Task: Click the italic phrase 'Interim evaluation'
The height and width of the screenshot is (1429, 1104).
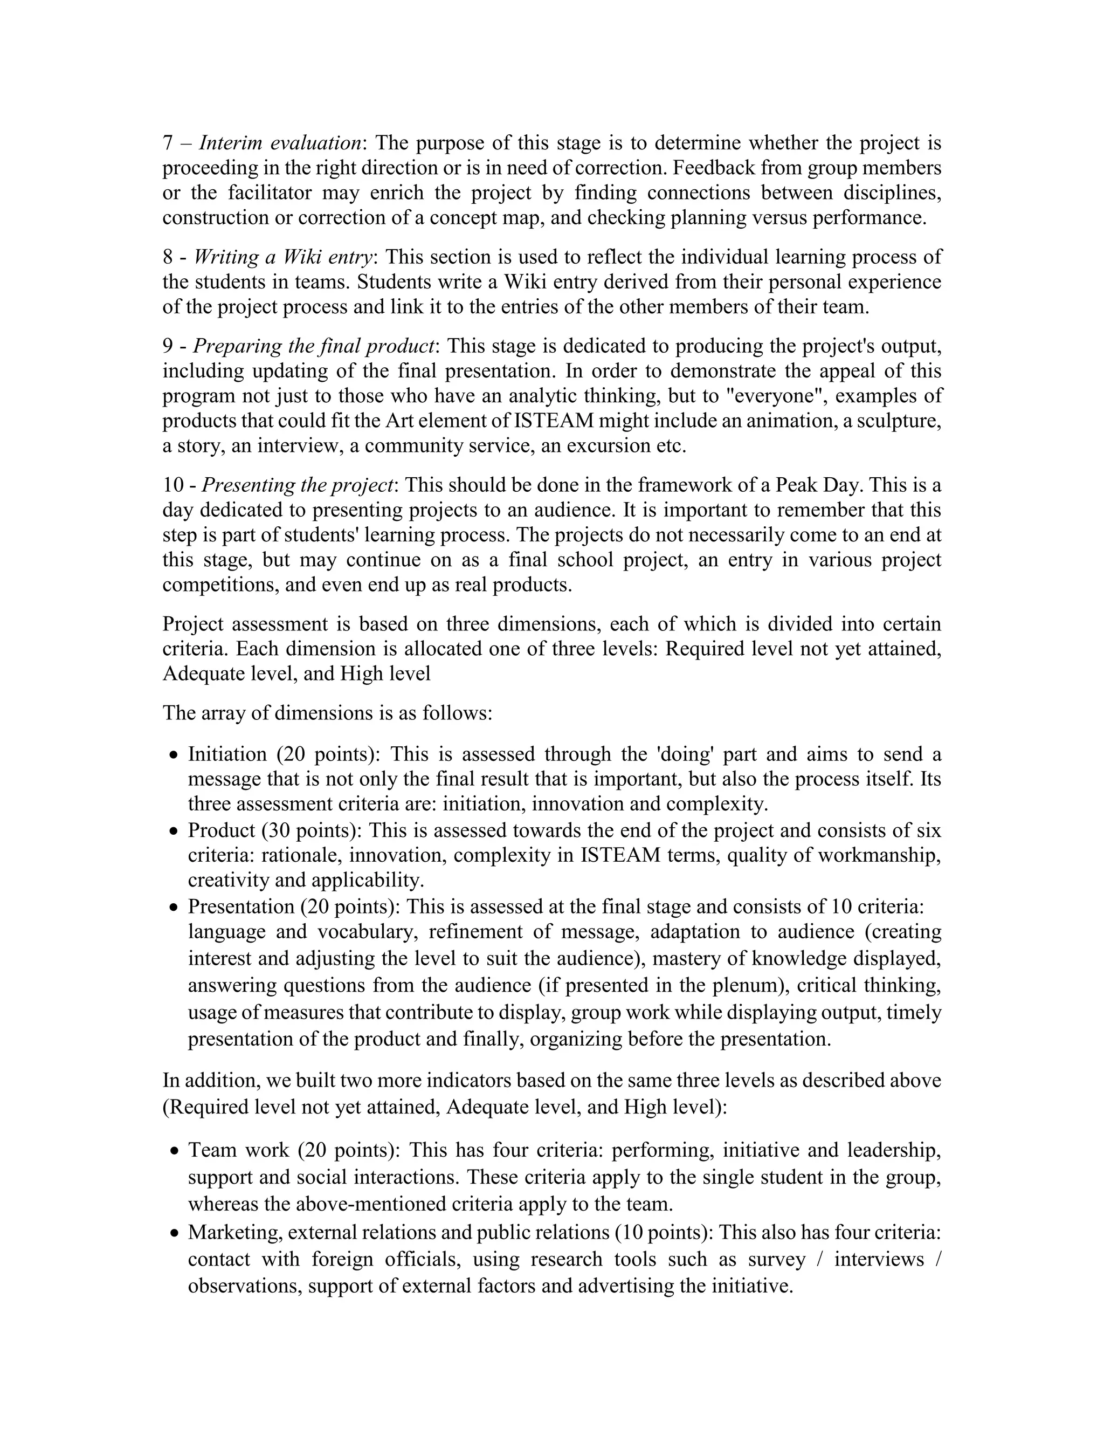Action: [x=280, y=143]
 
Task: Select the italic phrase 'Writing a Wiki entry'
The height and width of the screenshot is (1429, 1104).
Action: [x=282, y=257]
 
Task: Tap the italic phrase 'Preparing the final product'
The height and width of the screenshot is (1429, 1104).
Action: [x=313, y=346]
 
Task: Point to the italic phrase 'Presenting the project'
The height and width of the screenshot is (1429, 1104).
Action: [x=298, y=485]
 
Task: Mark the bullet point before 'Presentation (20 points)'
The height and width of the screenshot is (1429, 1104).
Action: [x=174, y=908]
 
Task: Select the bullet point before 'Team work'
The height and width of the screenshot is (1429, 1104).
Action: [x=174, y=1151]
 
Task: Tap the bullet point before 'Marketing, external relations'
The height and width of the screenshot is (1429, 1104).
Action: [x=174, y=1233]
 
